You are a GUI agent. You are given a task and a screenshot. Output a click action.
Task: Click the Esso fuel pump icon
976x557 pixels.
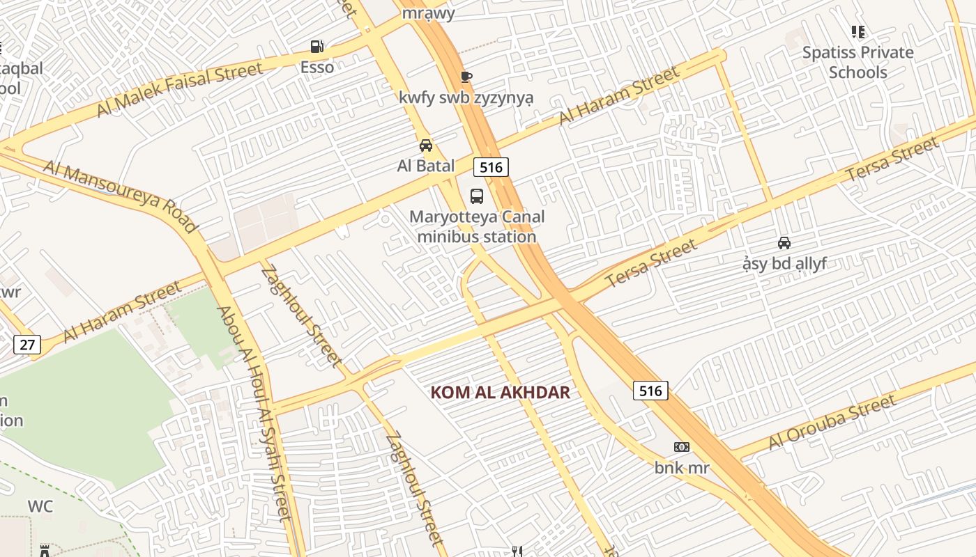pyautogui.click(x=317, y=47)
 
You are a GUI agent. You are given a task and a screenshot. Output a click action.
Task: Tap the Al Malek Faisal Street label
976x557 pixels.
pyautogui.click(x=179, y=90)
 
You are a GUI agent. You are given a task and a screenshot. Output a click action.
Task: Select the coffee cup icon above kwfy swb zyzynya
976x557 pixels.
pyautogui.click(x=466, y=77)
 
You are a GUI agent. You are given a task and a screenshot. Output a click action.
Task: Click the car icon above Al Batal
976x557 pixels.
pyautogui.click(x=425, y=146)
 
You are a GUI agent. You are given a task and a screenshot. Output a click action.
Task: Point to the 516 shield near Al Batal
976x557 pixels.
pyautogui.click(x=491, y=167)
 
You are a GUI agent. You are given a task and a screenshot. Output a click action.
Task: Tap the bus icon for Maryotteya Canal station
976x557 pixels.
pyautogui.click(x=477, y=196)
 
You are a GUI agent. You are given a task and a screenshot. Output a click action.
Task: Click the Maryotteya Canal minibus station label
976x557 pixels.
pyautogui.click(x=477, y=226)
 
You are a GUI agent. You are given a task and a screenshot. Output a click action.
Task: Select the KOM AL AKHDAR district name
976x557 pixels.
pyautogui.click(x=500, y=393)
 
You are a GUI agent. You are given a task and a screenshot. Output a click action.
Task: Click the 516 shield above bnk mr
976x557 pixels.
pyautogui.click(x=650, y=391)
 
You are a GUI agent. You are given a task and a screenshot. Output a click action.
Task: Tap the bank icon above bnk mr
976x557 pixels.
pyautogui.click(x=681, y=447)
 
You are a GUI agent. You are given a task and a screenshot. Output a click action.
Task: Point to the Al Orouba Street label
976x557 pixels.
pyautogui.click(x=832, y=421)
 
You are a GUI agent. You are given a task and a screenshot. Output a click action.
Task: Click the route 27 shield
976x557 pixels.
pyautogui.click(x=26, y=344)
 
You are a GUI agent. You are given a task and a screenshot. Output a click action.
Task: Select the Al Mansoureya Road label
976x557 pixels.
pyautogui.click(x=121, y=195)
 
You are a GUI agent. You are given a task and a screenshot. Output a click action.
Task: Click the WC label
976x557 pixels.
pyautogui.click(x=40, y=506)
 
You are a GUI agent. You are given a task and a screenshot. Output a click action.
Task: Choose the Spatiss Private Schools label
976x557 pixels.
pyautogui.click(x=857, y=62)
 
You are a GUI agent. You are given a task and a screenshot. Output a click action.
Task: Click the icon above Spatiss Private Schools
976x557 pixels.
pyautogui.click(x=857, y=32)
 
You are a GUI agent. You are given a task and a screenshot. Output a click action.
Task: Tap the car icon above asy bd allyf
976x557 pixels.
pyautogui.click(x=784, y=243)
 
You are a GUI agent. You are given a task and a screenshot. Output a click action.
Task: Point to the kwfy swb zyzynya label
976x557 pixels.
pyautogui.click(x=466, y=97)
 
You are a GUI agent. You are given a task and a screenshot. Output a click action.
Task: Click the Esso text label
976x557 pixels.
pyautogui.click(x=317, y=68)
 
